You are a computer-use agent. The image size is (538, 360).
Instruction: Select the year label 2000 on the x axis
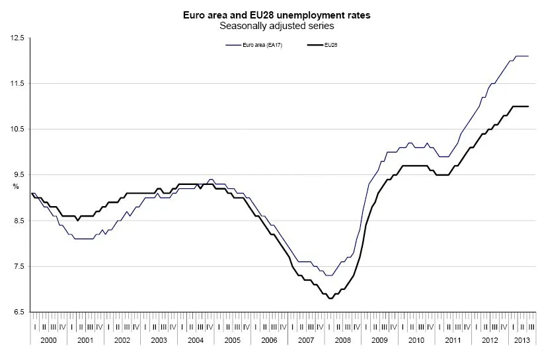(49, 339)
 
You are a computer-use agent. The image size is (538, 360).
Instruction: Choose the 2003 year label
(159, 339)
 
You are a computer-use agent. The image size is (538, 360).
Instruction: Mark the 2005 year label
(233, 339)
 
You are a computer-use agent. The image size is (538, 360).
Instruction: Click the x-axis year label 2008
(343, 339)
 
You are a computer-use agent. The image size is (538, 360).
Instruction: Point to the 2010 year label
(416, 339)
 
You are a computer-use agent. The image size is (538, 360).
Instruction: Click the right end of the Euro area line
(528, 56)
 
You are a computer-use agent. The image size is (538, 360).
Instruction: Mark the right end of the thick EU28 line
(528, 106)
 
